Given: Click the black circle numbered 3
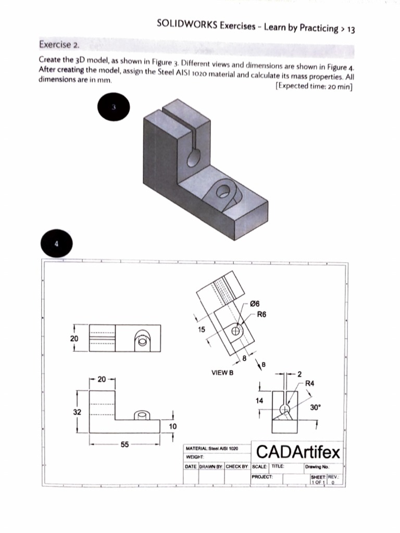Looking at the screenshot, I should (113, 108).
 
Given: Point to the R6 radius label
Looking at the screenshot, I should (261, 314).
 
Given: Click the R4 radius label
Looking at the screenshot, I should (309, 383).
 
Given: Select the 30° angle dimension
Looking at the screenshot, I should (316, 408).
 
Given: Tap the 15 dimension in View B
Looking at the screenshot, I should (202, 329).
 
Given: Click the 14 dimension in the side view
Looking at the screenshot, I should (259, 400).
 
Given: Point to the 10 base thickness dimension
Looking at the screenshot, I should (173, 426).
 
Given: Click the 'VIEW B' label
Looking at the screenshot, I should (222, 373).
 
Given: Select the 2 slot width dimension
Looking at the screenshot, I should (299, 374).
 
